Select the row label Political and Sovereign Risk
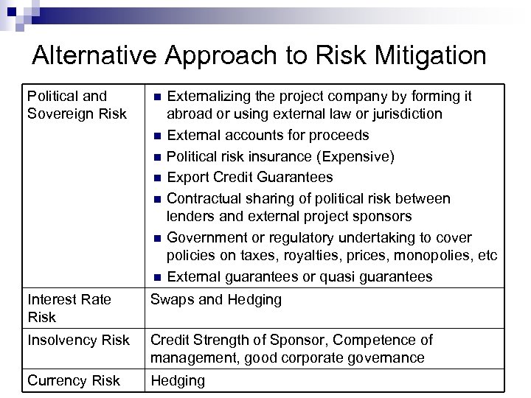(67, 105)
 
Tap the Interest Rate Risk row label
(69, 307)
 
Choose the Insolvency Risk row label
(78, 340)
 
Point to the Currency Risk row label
(73, 381)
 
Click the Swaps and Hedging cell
(216, 299)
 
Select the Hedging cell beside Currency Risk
(178, 381)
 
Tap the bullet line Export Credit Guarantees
(249, 177)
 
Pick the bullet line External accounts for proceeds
(268, 136)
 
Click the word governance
(386, 358)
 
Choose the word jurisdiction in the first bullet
(405, 114)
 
